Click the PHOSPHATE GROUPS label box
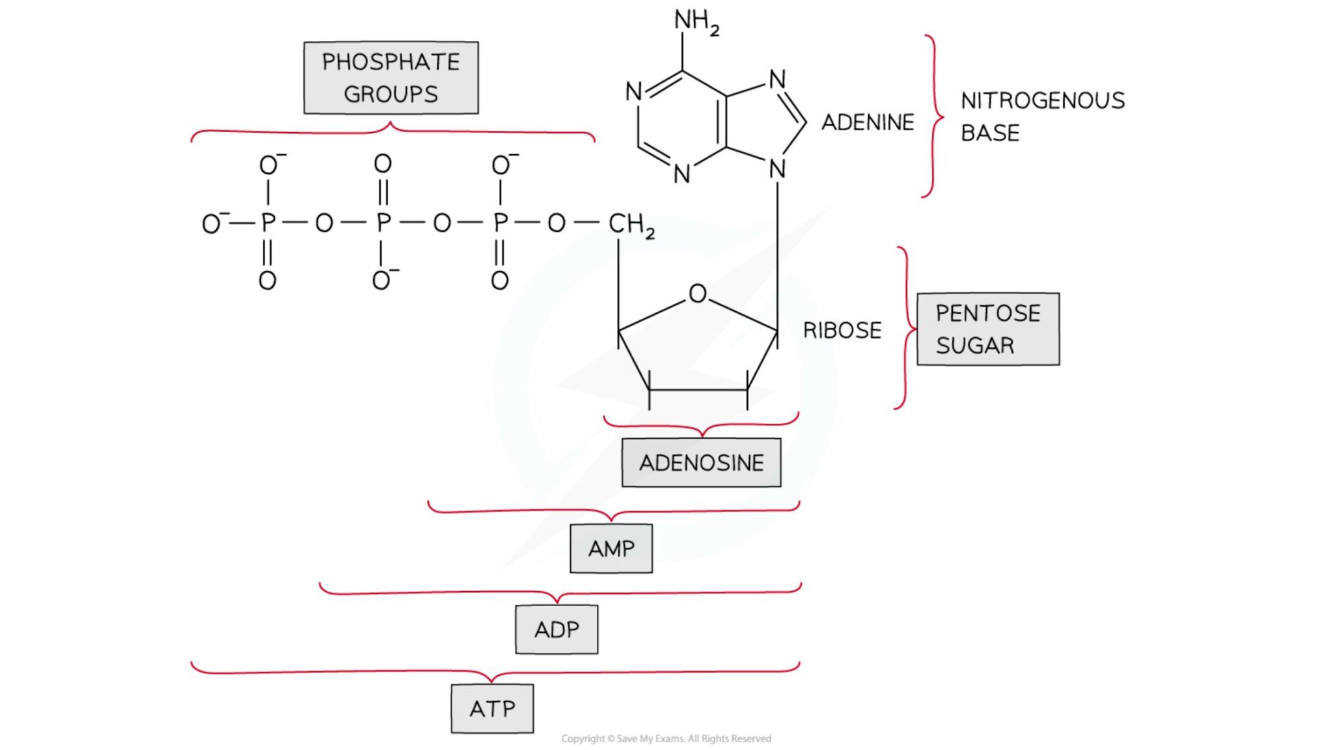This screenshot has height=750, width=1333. tap(391, 78)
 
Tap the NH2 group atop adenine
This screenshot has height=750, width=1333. tap(695, 21)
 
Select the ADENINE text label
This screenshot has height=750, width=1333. tap(867, 122)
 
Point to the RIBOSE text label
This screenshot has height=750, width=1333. tap(842, 330)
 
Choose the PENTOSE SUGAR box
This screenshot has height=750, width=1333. tap(987, 329)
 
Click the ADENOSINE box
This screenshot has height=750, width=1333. tap(701, 463)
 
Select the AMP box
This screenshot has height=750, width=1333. tap(611, 549)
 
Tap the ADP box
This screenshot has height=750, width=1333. tap(556, 630)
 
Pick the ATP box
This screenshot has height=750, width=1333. tap(492, 708)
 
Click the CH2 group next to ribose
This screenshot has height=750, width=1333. tap(630, 224)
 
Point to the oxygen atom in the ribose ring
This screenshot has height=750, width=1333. tap(697, 294)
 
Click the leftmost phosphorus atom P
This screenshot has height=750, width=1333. tap(268, 223)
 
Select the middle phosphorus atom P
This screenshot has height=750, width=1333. tap(383, 223)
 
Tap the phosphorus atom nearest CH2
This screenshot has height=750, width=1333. tap(500, 223)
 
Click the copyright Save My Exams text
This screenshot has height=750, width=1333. tap(666, 738)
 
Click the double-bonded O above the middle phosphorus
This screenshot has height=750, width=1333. tap(383, 163)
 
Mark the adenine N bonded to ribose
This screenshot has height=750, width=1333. tap(776, 170)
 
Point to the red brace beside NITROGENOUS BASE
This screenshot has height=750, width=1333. tap(934, 117)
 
